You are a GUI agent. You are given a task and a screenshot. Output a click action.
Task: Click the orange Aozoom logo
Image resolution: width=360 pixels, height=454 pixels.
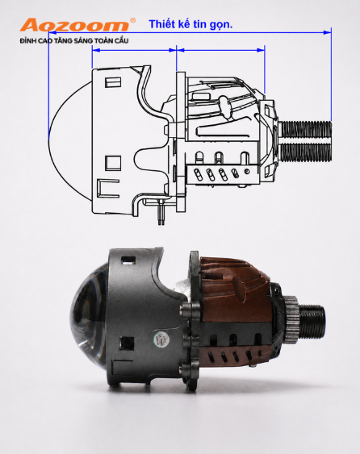[x=74, y=25]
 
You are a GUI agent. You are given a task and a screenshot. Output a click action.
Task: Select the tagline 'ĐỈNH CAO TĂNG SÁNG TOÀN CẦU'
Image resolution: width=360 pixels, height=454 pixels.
[x=74, y=40]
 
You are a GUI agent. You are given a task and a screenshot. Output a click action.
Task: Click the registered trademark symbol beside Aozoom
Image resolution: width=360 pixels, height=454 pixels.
[x=132, y=20]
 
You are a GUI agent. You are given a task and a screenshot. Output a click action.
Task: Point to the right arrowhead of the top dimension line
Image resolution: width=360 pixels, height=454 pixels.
[x=328, y=32]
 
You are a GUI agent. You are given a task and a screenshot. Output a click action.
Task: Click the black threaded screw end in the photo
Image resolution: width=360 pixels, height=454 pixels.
[x=312, y=321]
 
